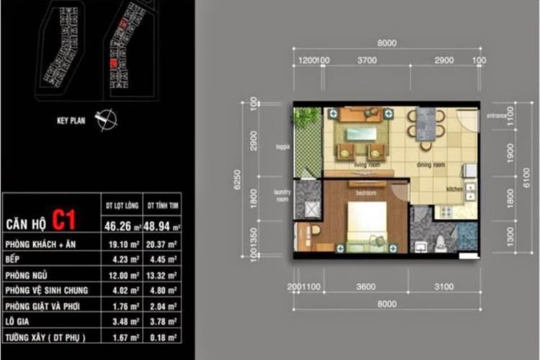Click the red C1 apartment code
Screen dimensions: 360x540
point(63,220)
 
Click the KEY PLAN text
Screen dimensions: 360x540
point(71,121)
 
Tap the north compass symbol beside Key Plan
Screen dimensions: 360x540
point(104,119)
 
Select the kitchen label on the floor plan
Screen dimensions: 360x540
point(454,189)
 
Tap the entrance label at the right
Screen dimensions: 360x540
point(498,115)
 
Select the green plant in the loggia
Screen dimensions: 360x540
point(309,117)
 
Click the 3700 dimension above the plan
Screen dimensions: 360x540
point(366,61)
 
